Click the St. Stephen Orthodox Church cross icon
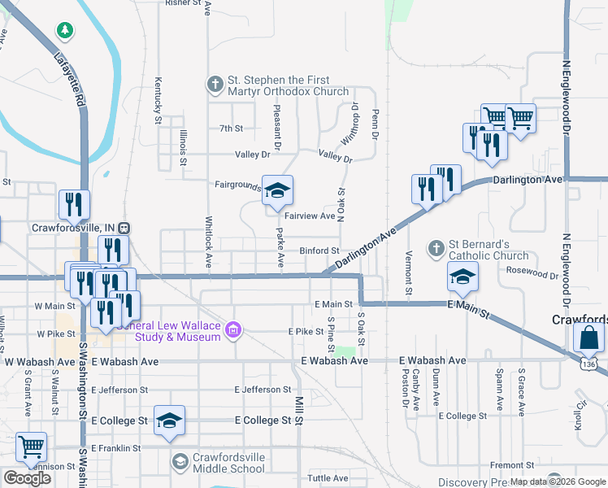[x=215, y=84]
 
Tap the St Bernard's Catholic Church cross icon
[x=436, y=247]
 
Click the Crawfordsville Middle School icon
[x=180, y=462]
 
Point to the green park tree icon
[x=64, y=30]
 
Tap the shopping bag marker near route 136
[x=588, y=337]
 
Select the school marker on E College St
[x=169, y=420]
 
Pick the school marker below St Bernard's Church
[x=463, y=277]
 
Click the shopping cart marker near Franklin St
[x=31, y=447]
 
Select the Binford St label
[x=319, y=251]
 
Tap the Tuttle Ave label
[x=328, y=478]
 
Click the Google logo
[x=28, y=478]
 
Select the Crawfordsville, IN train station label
[x=74, y=228]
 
